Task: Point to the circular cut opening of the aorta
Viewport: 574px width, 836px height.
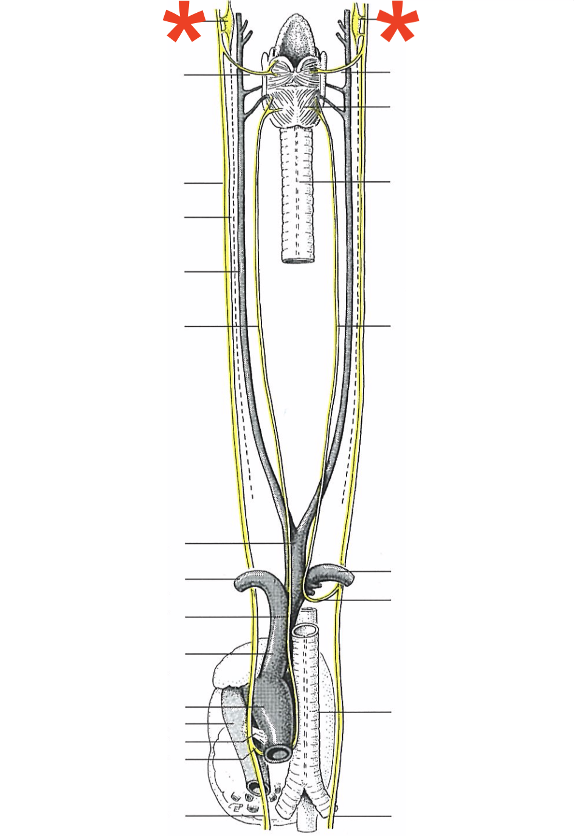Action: pos(277,754)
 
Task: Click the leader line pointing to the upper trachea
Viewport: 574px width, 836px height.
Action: pos(347,181)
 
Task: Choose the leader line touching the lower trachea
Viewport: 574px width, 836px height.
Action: pos(356,712)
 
